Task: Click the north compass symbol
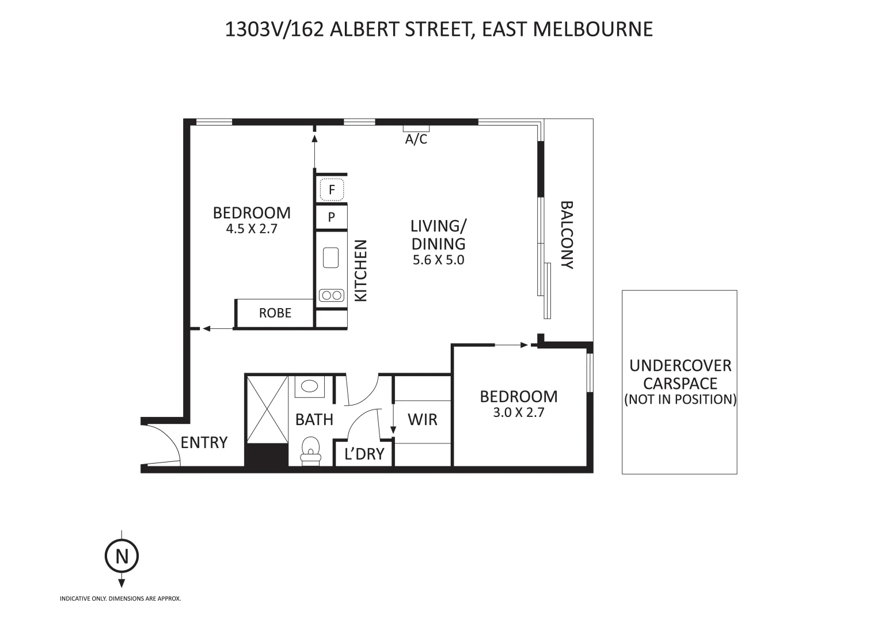pyautogui.click(x=121, y=557)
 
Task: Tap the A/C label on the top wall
pyautogui.click(x=416, y=139)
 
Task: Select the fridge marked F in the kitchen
pyautogui.click(x=331, y=189)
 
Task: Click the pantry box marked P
pyautogui.click(x=331, y=218)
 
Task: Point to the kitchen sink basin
pyautogui.click(x=330, y=257)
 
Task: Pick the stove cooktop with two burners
pyautogui.click(x=331, y=295)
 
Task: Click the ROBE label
pyautogui.click(x=275, y=313)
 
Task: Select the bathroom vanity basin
pyautogui.click(x=310, y=386)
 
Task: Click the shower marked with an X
pyautogui.click(x=267, y=410)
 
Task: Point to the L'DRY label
pyautogui.click(x=364, y=454)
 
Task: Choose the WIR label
pyautogui.click(x=422, y=419)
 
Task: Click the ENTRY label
pyautogui.click(x=204, y=442)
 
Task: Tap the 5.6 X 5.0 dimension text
pyautogui.click(x=438, y=260)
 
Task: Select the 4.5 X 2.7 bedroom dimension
pyautogui.click(x=252, y=229)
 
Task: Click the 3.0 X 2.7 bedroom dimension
pyautogui.click(x=518, y=412)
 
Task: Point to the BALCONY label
pyautogui.click(x=567, y=235)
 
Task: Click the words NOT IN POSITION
pyautogui.click(x=680, y=399)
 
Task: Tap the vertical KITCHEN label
pyautogui.click(x=360, y=271)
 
